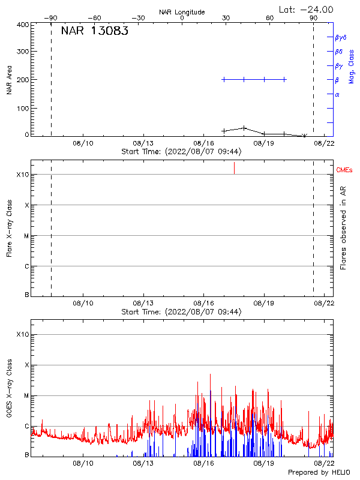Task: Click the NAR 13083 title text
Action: pyautogui.click(x=94, y=31)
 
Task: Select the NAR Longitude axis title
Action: pyautogui.click(x=182, y=11)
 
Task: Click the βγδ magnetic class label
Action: pyautogui.click(x=341, y=37)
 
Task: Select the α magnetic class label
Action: pyautogui.click(x=337, y=94)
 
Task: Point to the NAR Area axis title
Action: pyautogui.click(x=9, y=80)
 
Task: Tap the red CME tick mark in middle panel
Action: pyautogui.click(x=234, y=168)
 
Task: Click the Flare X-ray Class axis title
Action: pyautogui.click(x=9, y=227)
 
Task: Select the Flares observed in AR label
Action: pyautogui.click(x=343, y=227)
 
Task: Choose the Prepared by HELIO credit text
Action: pyautogui.click(x=320, y=473)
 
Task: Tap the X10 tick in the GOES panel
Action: pyautogui.click(x=23, y=334)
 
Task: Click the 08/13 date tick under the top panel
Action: pyautogui.click(x=143, y=143)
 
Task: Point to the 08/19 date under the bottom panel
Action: pyautogui.click(x=264, y=464)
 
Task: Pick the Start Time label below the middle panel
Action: pyautogui.click(x=181, y=312)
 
